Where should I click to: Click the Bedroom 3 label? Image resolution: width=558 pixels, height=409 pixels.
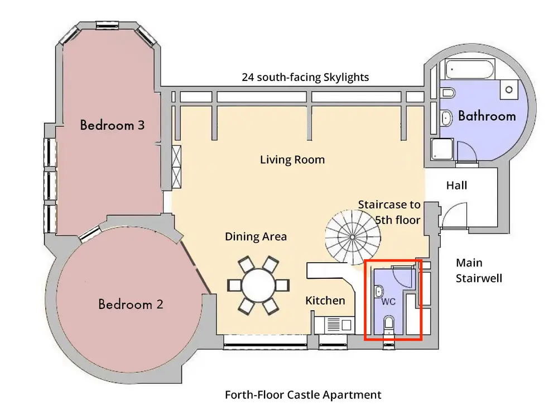tap(112, 125)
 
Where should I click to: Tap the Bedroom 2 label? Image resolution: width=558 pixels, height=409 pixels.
tap(131, 305)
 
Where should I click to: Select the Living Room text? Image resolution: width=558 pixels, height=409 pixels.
tap(292, 160)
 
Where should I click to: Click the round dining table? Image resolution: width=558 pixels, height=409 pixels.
tap(258, 286)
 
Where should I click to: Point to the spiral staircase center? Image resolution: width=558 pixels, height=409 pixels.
tap(352, 237)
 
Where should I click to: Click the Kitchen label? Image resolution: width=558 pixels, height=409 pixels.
tap(325, 301)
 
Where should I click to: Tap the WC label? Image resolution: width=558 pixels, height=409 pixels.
tap(388, 302)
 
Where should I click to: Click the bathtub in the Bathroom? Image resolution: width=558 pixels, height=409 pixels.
tap(470, 69)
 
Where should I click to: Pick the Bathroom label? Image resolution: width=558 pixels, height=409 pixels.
tap(487, 116)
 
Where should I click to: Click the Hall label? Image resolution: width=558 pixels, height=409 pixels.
tap(456, 186)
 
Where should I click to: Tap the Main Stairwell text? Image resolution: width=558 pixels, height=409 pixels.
tap(479, 270)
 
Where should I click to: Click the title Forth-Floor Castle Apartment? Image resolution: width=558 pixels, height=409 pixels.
tap(303, 394)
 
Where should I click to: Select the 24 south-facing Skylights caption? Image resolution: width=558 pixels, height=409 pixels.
tap(305, 77)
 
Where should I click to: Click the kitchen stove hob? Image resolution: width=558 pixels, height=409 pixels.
tap(334, 325)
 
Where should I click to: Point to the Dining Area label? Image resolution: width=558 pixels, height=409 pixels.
tap(256, 236)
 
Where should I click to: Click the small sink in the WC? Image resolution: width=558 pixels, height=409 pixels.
tap(379, 292)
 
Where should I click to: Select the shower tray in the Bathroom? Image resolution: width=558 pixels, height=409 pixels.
tap(442, 149)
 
